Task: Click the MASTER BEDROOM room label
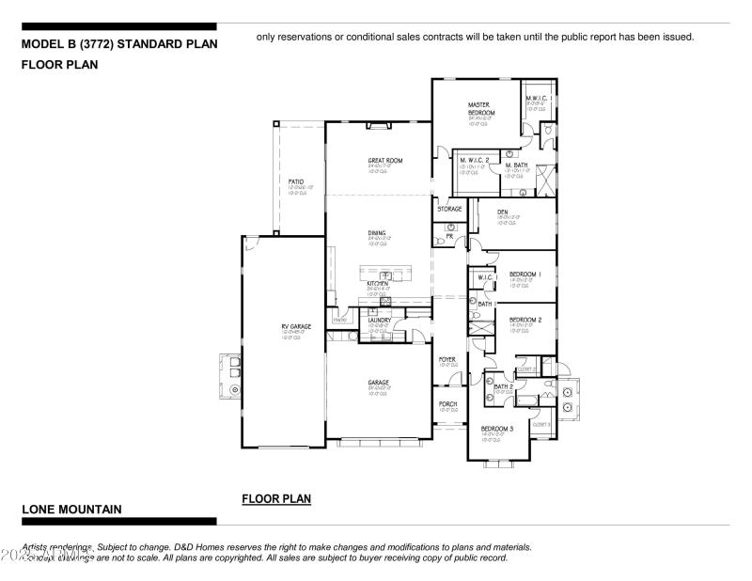481,108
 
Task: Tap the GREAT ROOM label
384,161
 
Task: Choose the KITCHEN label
378,283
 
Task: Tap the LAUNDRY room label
380,321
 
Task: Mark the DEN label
503,212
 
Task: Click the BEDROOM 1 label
525,274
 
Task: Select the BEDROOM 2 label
525,320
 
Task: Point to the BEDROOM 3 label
497,429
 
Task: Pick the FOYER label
447,359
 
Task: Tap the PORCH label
447,404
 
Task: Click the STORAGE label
449,209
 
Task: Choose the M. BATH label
516,165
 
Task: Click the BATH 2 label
503,385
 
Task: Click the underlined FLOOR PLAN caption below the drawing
276,498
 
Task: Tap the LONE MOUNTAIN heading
71,509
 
